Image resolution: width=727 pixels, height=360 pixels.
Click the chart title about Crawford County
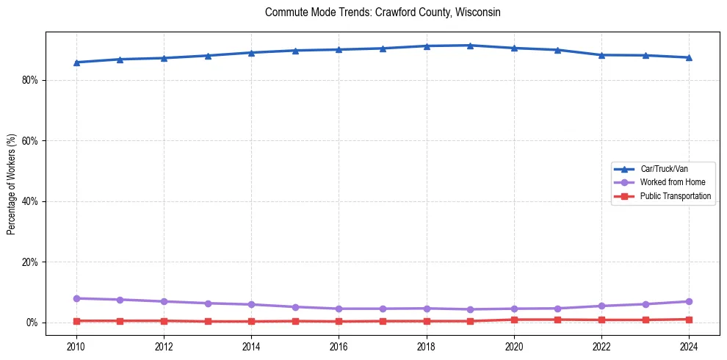[383, 12]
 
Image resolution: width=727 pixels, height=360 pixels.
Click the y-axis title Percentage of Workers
[11, 184]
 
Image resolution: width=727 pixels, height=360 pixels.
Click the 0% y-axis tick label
[32, 323]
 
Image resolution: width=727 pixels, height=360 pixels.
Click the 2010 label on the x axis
[76, 345]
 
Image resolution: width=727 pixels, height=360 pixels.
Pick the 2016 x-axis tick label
[339, 345]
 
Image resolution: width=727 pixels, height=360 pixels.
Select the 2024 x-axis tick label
[689, 345]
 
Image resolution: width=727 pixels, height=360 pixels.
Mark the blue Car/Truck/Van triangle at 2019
[470, 46]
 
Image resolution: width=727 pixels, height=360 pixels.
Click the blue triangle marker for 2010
[76, 62]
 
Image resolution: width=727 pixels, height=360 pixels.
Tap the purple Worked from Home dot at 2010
[76, 298]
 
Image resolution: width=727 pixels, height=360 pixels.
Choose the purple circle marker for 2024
[689, 301]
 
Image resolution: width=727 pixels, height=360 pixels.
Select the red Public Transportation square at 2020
[514, 320]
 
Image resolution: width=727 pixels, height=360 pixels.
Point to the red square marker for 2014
[251, 321]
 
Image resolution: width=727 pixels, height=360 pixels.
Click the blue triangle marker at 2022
[601, 55]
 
